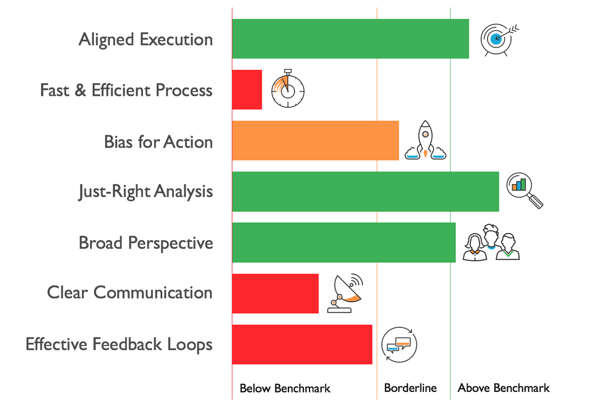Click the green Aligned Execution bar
(351, 39)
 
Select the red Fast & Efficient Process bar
(247, 90)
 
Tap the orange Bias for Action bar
(316, 141)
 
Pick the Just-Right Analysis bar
(366, 191)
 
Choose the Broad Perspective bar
(344, 242)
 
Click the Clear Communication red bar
(275, 294)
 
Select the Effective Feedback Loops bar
(302, 345)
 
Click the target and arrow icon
(500, 40)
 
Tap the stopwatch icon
(288, 88)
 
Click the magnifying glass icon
(525, 191)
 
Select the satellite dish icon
(345, 293)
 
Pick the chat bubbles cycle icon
(399, 345)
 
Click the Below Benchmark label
(285, 388)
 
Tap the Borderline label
(411, 388)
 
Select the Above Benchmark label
(504, 388)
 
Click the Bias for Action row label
(158, 142)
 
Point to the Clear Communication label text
(129, 292)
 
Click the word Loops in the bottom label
(190, 345)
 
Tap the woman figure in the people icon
(474, 248)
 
